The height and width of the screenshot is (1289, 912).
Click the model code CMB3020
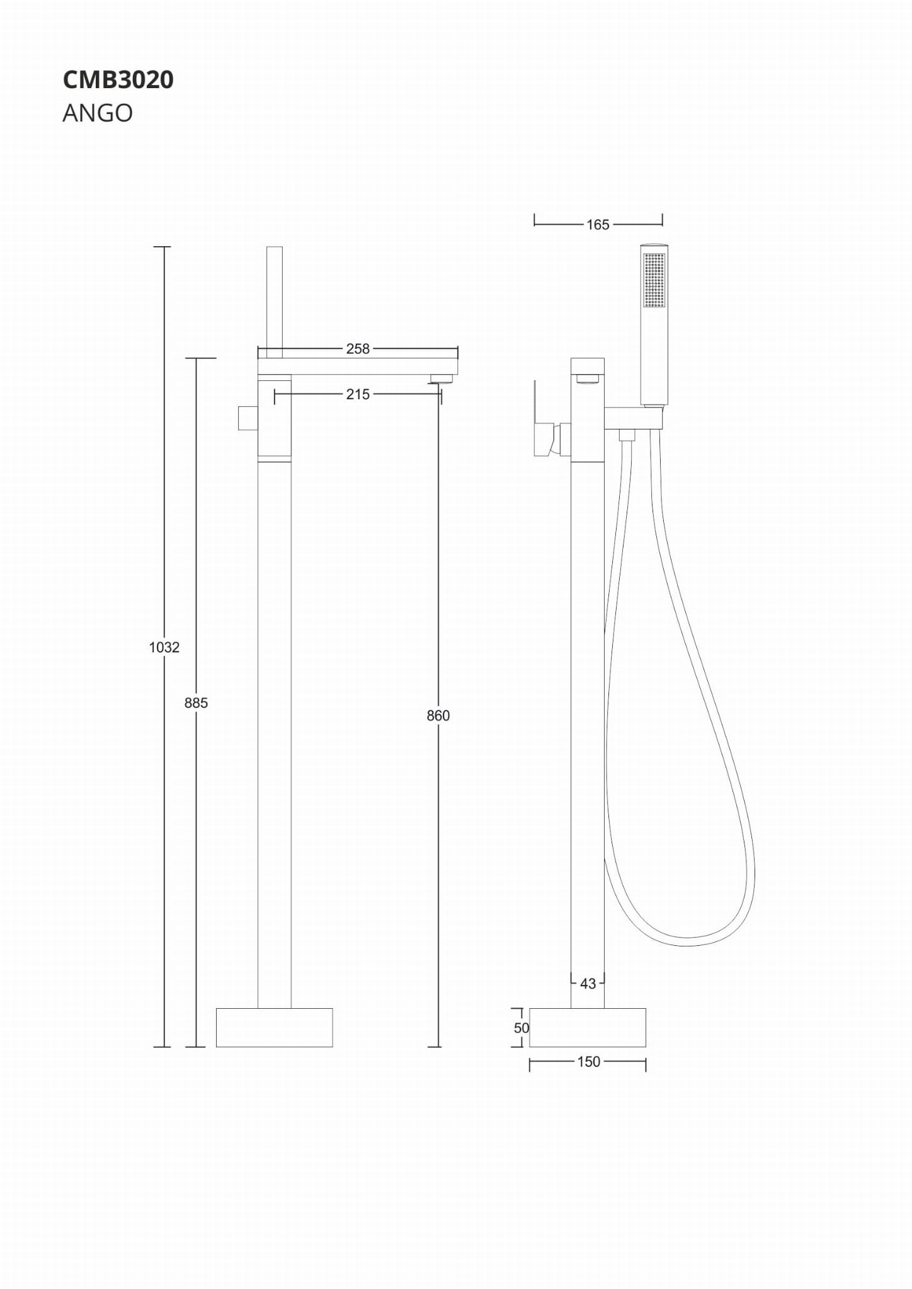point(118,80)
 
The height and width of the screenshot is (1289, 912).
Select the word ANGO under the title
point(98,113)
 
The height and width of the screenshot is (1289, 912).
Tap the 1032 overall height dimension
point(164,647)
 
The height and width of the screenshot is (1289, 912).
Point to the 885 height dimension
point(196,703)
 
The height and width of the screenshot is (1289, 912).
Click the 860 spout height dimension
point(438,715)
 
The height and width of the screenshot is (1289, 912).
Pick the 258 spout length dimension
point(358,349)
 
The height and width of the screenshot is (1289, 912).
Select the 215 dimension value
point(358,394)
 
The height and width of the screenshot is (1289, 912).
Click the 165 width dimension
point(598,225)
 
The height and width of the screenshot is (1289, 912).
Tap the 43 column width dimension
point(588,984)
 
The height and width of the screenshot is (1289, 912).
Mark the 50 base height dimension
point(522,1028)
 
